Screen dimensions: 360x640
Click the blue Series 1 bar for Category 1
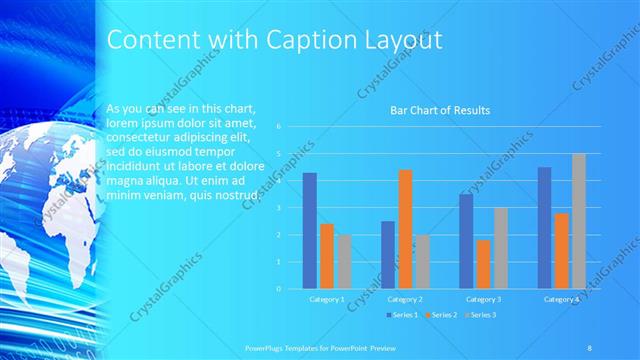310,231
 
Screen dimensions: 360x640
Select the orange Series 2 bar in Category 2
404,229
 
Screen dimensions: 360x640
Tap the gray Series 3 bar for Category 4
578,221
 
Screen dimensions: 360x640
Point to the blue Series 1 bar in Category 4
544,228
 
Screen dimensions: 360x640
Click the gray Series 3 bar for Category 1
344,262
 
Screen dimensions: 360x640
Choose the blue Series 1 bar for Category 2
388,255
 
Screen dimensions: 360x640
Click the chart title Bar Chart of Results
440,110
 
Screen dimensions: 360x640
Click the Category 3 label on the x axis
483,299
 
